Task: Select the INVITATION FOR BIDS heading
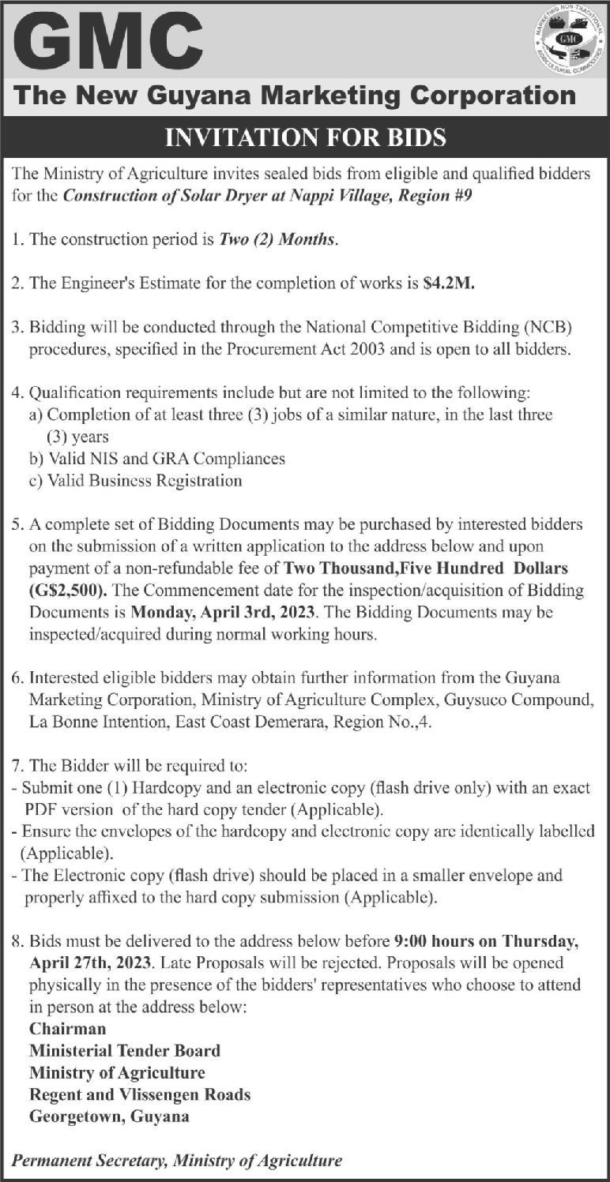pyautogui.click(x=305, y=139)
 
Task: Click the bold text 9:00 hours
pyautogui.click(x=435, y=941)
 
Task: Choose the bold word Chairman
pyautogui.click(x=68, y=1028)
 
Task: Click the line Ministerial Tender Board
pyautogui.click(x=125, y=1050)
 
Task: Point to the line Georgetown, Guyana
pyautogui.click(x=109, y=1116)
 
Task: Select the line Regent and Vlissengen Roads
pyautogui.click(x=140, y=1094)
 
